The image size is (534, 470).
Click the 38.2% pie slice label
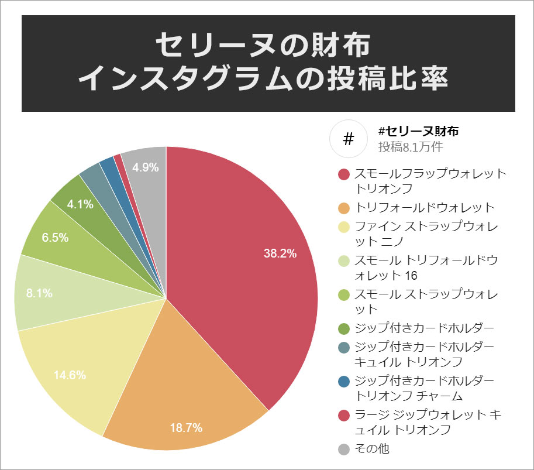280,253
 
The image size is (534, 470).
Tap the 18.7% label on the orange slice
185,428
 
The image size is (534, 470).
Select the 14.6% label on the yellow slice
70,375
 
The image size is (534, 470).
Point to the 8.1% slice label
39,293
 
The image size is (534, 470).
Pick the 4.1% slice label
80,204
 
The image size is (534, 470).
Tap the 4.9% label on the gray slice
146,167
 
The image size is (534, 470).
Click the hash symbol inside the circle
349,139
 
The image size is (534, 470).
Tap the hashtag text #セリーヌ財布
418,131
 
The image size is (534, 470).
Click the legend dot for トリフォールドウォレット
344,208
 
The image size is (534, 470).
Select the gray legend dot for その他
344,450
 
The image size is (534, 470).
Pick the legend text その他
373,450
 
